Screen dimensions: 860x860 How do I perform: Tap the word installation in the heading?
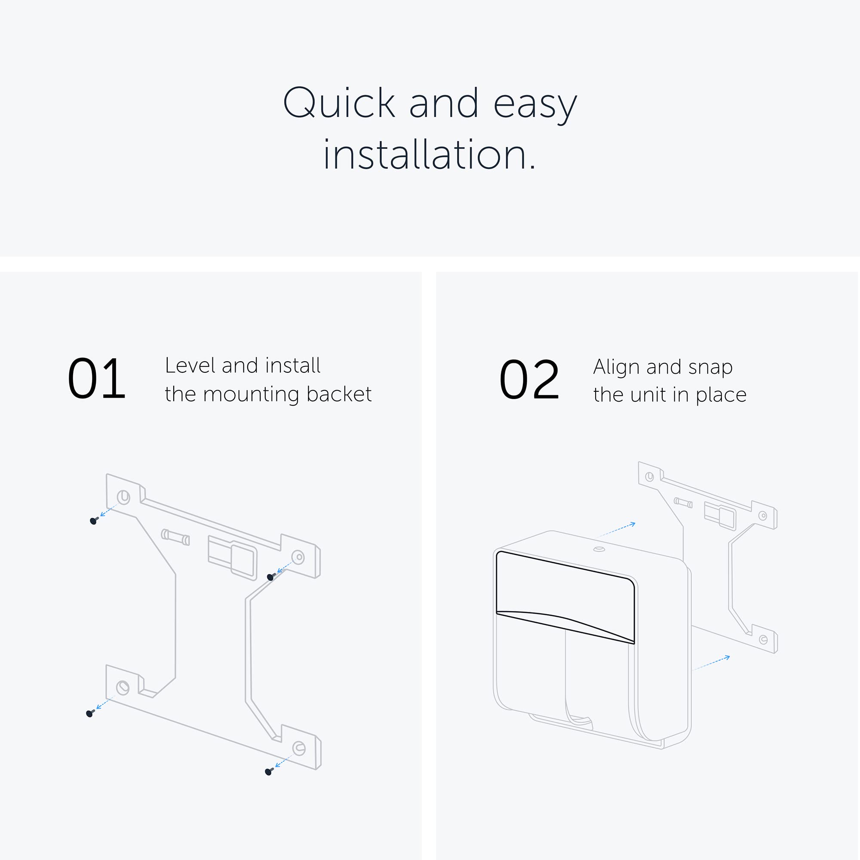pos(430,155)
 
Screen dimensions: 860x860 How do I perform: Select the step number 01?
pos(97,379)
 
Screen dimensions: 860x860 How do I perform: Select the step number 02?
pos(529,380)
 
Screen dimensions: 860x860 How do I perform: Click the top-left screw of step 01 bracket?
pos(94,520)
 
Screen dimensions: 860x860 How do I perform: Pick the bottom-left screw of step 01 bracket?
pos(90,713)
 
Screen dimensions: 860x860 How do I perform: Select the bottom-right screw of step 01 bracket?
pos(269,771)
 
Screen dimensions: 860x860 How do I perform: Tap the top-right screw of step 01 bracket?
pos(270,577)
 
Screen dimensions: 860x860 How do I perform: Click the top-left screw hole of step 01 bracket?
pos(123,497)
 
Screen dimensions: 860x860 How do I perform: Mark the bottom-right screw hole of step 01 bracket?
pos(299,748)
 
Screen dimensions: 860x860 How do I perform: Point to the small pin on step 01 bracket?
pos(175,537)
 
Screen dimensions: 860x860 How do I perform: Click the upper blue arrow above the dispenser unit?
pos(618,529)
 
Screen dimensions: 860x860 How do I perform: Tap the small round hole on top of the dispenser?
pos(599,549)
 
